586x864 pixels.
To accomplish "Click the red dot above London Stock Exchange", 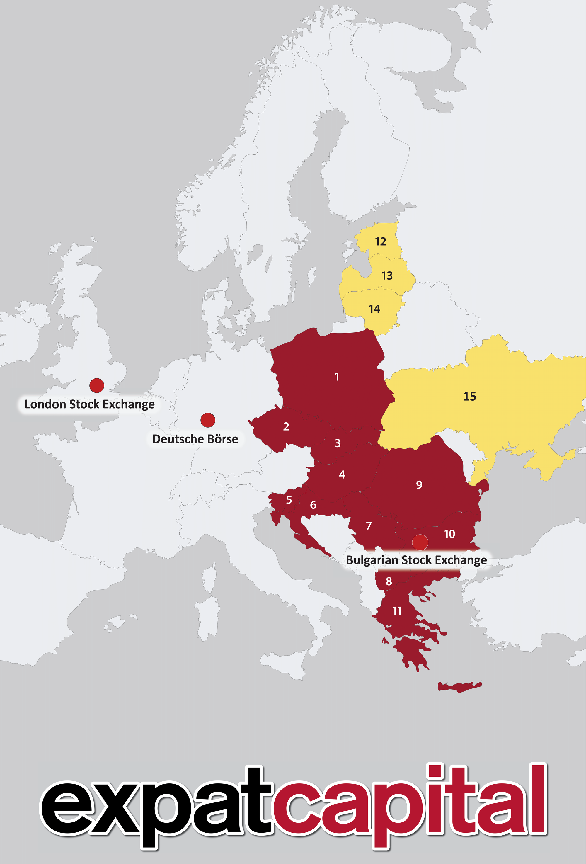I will pos(97,385).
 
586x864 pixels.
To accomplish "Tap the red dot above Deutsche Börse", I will pos(208,420).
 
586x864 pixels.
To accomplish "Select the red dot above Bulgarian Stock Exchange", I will pos(420,543).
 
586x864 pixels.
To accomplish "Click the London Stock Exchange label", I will pos(90,404).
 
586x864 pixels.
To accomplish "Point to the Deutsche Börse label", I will pos(195,439).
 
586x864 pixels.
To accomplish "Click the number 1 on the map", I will pos(337,377).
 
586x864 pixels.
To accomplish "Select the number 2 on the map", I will pos(286,426).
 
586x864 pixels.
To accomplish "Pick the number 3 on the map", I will pos(338,443).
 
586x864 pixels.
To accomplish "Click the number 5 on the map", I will pos(289,500).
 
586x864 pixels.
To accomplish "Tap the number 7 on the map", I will pos(369,526).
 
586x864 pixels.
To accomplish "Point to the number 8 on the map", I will pos(389,581).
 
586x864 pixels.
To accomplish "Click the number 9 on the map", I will pos(419,485).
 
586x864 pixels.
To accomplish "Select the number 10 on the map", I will pos(449,534).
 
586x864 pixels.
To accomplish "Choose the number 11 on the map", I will pos(397,611).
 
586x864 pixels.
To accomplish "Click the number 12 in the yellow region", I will pos(381,242).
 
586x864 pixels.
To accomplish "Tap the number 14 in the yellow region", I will pos(374,309).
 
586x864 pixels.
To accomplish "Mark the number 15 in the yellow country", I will pos(470,396).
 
